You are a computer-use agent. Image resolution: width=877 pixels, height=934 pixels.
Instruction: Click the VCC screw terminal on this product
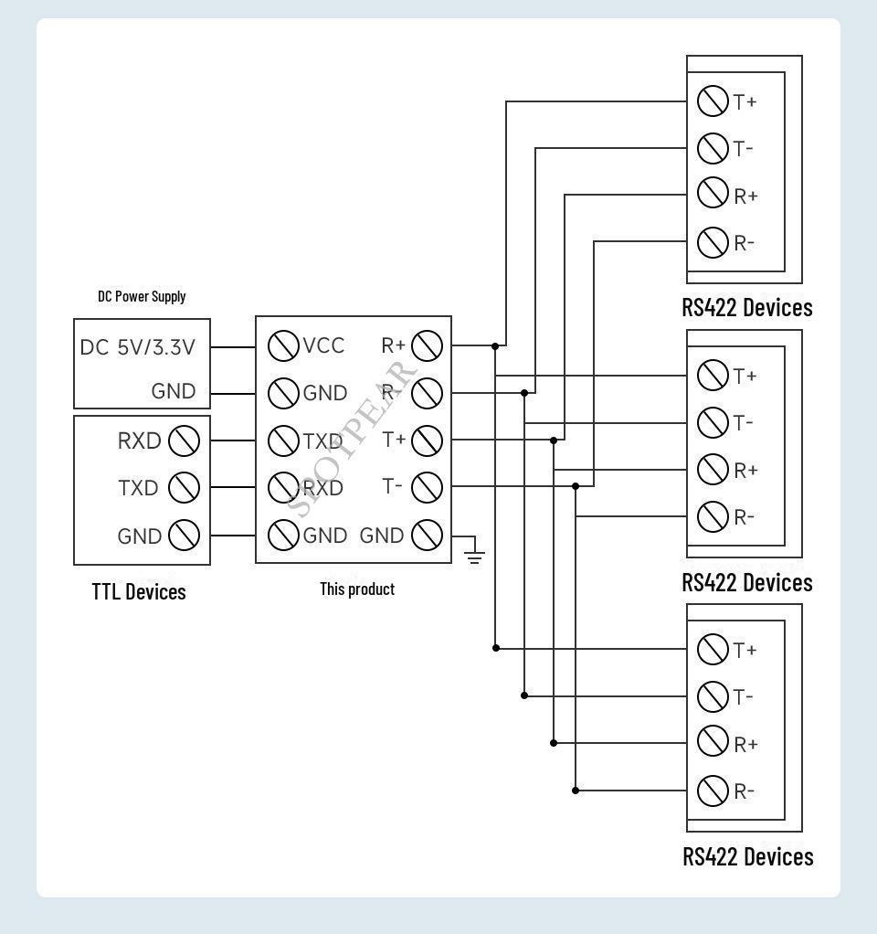[x=283, y=346]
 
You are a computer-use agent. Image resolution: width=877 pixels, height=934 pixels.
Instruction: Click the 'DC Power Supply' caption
[x=142, y=296]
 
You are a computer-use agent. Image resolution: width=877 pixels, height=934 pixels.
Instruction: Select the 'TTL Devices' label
[x=139, y=591]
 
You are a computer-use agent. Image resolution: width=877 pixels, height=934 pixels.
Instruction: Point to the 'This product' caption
[x=357, y=589]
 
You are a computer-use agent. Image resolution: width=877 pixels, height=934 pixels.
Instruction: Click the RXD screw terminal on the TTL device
[x=185, y=440]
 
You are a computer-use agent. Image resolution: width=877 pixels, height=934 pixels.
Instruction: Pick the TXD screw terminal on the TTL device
[x=185, y=488]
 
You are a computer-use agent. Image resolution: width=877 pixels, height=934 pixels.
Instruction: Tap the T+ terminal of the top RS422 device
[x=713, y=101]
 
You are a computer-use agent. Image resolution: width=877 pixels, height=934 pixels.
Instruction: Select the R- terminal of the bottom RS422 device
[x=713, y=791]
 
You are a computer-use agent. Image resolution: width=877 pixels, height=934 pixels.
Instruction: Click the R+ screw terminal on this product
[x=427, y=346]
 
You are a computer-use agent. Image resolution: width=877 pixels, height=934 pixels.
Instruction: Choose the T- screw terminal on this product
[x=427, y=487]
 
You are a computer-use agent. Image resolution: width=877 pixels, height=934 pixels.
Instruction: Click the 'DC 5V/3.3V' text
[x=143, y=347]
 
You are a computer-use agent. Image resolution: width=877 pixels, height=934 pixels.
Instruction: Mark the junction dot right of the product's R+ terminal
[x=495, y=346]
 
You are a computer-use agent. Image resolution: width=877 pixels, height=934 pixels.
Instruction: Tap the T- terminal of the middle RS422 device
[x=713, y=422]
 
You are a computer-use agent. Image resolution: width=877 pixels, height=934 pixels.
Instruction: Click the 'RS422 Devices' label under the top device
[x=746, y=307]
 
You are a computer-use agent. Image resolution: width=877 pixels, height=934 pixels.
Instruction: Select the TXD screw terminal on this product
[x=283, y=440]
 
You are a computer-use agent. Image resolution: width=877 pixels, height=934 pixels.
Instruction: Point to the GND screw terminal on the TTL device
[x=185, y=536]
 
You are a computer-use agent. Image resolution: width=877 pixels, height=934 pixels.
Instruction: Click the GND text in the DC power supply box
[x=174, y=392]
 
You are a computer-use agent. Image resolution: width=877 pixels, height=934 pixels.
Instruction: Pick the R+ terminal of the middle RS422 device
[x=713, y=470]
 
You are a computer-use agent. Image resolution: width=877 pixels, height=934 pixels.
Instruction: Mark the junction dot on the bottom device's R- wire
[x=576, y=791]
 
